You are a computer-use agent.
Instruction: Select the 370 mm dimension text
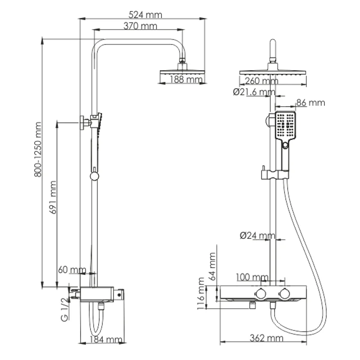[x=140, y=26]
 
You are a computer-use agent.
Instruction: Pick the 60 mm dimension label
[x=72, y=270]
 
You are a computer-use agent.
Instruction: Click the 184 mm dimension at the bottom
[x=106, y=339]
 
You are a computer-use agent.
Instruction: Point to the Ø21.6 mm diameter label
[x=253, y=92]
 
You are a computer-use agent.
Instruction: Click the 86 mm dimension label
[x=310, y=103]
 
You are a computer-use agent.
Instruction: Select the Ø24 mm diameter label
[x=256, y=235]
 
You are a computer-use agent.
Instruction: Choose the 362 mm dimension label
[x=266, y=338]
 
